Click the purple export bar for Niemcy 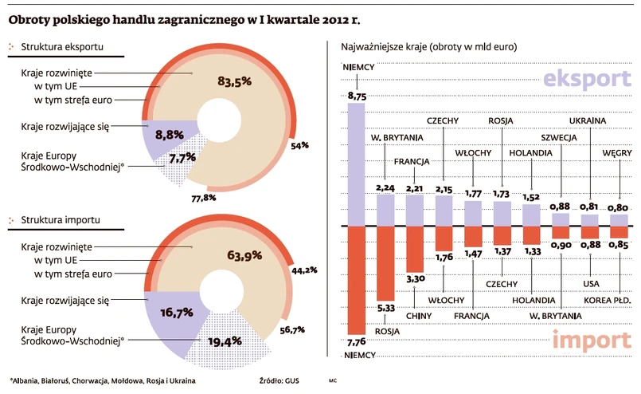(355, 164)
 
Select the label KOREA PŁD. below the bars (612, 299)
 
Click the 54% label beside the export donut (299, 146)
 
